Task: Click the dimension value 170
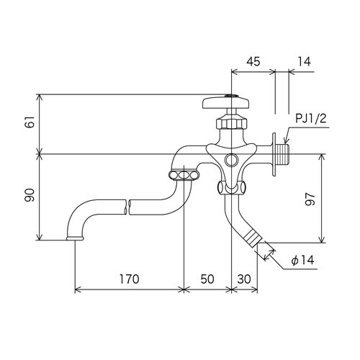[129, 279]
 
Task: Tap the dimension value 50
[207, 279]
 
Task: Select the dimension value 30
[244, 279]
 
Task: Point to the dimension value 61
[31, 122]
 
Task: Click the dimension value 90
[31, 195]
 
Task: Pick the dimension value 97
[310, 199]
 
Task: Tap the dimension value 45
[253, 61]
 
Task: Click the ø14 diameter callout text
[302, 260]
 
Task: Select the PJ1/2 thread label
[311, 118]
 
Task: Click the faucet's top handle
[226, 102]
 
